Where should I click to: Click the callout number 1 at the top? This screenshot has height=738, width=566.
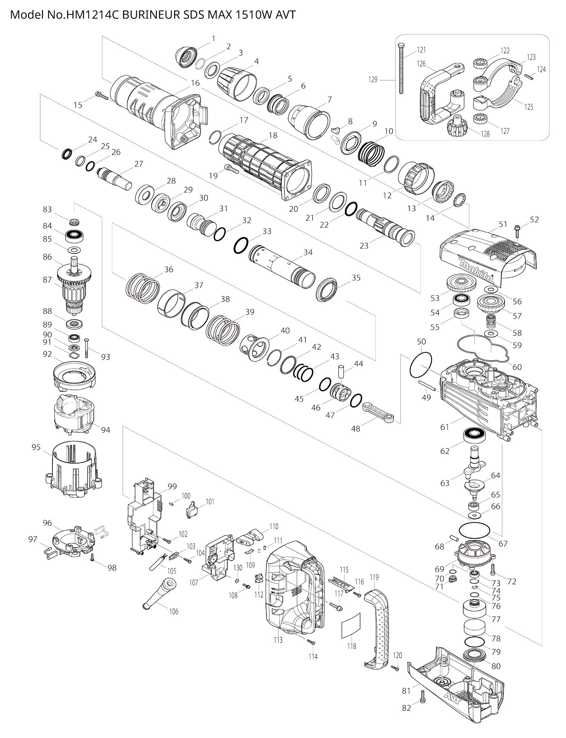click(x=214, y=38)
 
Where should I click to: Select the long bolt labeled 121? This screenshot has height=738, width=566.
click(x=400, y=68)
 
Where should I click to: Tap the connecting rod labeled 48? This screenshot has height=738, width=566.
click(x=378, y=412)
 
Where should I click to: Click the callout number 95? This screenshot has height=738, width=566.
click(x=36, y=447)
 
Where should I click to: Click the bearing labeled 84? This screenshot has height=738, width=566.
click(x=74, y=236)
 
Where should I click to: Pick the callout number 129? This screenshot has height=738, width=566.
click(x=373, y=80)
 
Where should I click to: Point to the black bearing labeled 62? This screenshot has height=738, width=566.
click(x=474, y=435)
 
